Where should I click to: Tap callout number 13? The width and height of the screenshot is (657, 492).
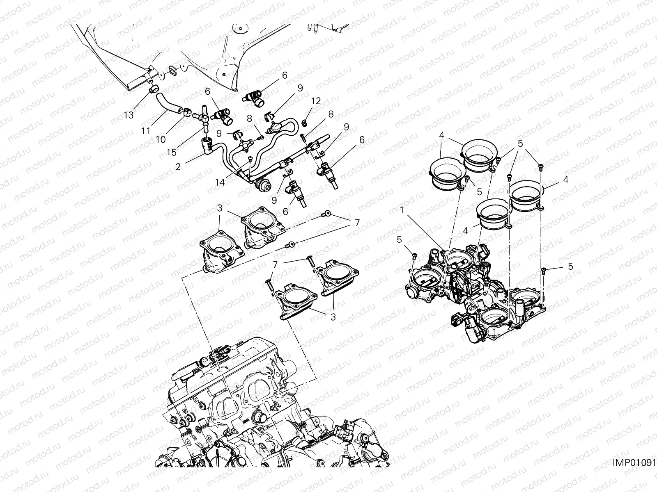pyautogui.click(x=129, y=115)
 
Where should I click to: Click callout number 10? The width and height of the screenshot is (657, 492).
pyautogui.click(x=161, y=139)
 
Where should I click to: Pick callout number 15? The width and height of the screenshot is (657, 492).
pyautogui.click(x=172, y=152)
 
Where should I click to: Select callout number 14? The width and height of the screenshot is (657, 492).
pyautogui.click(x=221, y=182)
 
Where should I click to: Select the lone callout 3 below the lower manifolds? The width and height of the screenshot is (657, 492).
pyautogui.click(x=333, y=317)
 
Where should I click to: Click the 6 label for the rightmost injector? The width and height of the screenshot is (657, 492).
pyautogui.click(x=362, y=140)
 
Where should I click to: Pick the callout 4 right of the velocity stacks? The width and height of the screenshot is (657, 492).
pyautogui.click(x=565, y=179)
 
